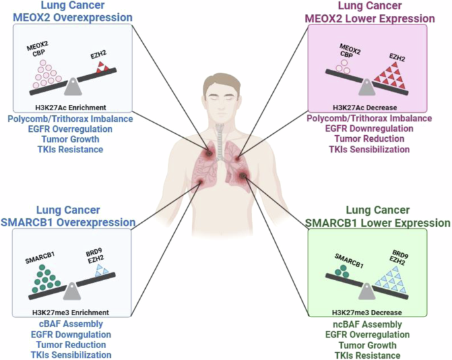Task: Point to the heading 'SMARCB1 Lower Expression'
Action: coord(378,223)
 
